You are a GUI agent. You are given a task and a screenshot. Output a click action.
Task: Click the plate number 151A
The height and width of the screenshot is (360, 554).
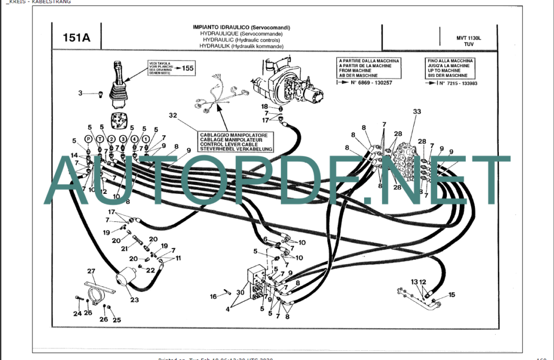click(76, 37)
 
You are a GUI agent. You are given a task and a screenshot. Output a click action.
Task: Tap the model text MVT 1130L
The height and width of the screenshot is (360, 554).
click(469, 38)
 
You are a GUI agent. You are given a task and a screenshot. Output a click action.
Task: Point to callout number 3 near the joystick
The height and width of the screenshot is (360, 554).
click(80, 93)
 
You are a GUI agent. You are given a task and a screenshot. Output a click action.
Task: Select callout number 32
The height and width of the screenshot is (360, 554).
click(173, 115)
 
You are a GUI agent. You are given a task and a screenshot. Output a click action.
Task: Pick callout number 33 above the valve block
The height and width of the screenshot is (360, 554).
click(417, 112)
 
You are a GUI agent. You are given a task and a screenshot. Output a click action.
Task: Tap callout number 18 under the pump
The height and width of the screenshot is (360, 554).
click(265, 106)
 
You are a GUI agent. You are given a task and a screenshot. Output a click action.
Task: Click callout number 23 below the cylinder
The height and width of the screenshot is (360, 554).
click(134, 300)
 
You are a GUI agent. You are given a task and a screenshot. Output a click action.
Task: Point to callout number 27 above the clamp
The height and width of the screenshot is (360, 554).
click(91, 271)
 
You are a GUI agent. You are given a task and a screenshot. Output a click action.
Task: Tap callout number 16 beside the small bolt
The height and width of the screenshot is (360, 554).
click(214, 296)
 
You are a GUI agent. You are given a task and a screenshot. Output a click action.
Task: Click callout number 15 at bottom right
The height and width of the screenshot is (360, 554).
click(452, 294)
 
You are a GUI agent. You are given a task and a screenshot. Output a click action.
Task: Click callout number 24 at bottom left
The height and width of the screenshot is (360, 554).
click(77, 313)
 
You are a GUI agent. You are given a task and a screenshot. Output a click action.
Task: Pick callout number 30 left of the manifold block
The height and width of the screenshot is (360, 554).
click(240, 292)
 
